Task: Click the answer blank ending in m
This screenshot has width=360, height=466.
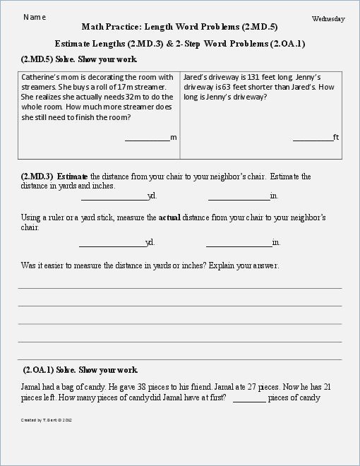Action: pos(147,138)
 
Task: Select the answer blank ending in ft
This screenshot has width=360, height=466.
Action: pos(313,138)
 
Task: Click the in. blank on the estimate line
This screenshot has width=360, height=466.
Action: pos(239,197)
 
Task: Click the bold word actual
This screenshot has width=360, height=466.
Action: pos(170,218)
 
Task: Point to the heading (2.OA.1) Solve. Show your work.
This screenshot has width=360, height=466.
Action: pos(80,370)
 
